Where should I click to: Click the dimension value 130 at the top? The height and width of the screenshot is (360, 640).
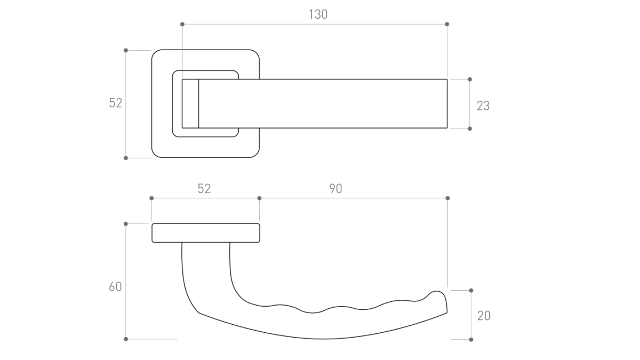point(318,14)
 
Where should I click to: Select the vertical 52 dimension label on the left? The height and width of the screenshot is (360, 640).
point(115,103)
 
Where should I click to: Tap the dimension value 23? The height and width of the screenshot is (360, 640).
point(483,106)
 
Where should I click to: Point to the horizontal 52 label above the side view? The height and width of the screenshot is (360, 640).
point(204,189)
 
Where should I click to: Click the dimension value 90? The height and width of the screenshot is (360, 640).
point(335,189)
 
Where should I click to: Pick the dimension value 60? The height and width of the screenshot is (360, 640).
point(115,286)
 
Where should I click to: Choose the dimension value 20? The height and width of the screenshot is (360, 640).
point(484,316)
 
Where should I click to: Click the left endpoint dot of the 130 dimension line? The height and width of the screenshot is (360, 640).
point(182,25)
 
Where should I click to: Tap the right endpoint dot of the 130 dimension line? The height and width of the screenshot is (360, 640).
point(447,25)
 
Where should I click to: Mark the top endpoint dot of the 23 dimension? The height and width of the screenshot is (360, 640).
point(470,79)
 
